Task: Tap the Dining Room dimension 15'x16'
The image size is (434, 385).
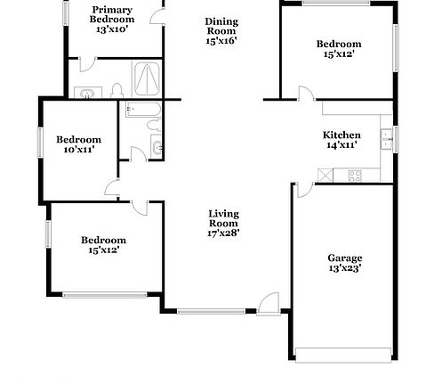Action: point(221,39)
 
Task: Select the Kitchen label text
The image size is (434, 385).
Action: point(342,135)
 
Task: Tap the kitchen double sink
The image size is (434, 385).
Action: point(386,138)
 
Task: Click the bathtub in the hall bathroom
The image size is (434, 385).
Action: point(143,110)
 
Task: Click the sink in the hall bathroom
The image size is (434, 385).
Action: point(157,146)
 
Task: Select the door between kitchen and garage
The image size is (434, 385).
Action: point(301,190)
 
